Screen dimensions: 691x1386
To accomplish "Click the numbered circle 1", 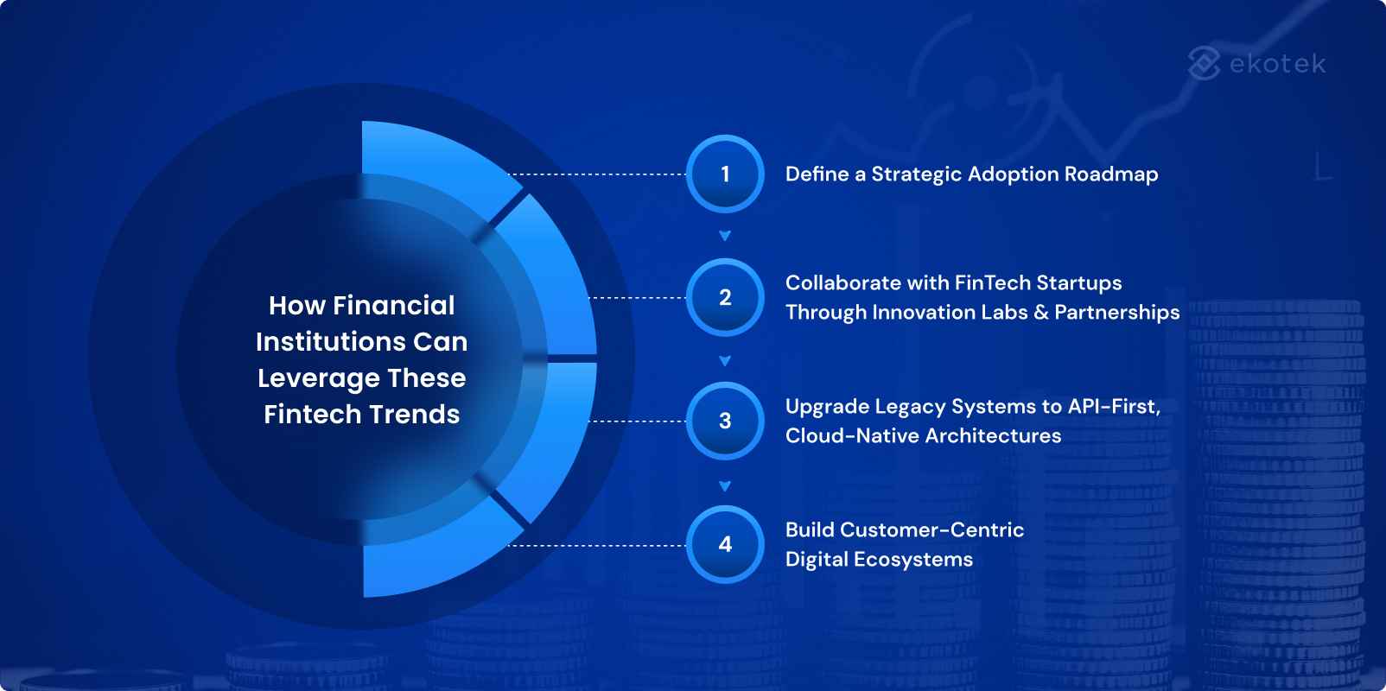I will click(725, 174).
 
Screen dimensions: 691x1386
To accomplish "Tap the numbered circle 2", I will click(725, 297).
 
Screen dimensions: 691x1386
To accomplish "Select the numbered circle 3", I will click(725, 421).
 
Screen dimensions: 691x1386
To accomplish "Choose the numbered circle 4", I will click(725, 544).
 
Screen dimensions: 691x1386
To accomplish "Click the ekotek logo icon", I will click(1204, 63).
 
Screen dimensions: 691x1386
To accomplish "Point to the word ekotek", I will click(1277, 64).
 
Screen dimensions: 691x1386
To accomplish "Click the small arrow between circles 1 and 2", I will click(725, 236).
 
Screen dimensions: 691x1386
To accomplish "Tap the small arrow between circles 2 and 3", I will click(725, 361).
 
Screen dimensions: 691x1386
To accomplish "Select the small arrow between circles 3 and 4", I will click(725, 486).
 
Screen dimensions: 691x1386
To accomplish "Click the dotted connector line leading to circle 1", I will click(596, 174).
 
